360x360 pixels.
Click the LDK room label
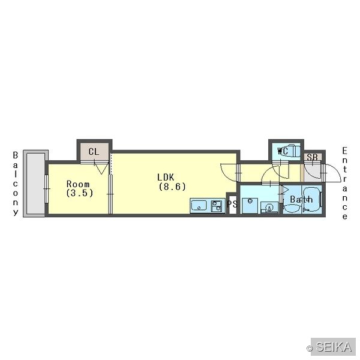(166, 177)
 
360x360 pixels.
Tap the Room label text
(78, 184)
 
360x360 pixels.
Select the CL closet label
(94, 152)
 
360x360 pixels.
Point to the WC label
(283, 151)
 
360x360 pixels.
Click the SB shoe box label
(312, 157)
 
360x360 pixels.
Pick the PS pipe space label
(232, 203)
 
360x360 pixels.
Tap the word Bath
(301, 199)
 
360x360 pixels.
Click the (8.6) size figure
(172, 187)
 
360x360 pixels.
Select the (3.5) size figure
(80, 193)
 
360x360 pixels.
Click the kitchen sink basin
(199, 205)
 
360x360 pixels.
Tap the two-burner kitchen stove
(217, 206)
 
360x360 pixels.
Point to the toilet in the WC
(293, 151)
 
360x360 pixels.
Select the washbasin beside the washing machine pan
(269, 208)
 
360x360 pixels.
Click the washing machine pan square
(250, 206)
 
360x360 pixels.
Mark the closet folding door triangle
(101, 168)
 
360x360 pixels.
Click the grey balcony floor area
(35, 183)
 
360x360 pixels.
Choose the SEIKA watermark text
(334, 347)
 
